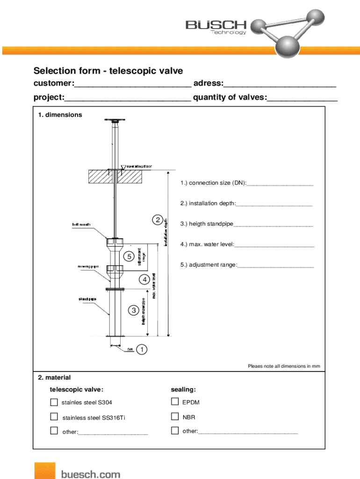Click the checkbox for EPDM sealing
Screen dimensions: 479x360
click(x=175, y=401)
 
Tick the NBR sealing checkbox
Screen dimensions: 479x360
click(x=175, y=416)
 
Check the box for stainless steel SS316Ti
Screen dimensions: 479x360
click(x=54, y=416)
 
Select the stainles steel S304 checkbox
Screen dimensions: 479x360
click(x=54, y=402)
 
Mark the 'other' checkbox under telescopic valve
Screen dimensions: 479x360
click(x=54, y=431)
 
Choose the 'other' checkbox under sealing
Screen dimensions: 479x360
click(x=175, y=430)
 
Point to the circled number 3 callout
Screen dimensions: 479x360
click(x=134, y=310)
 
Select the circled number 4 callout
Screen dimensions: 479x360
click(x=144, y=280)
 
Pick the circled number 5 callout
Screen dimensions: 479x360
click(x=129, y=256)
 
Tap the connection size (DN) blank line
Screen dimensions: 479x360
click(x=280, y=185)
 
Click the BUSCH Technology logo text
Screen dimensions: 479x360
click(x=216, y=27)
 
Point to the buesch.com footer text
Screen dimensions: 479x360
click(x=90, y=474)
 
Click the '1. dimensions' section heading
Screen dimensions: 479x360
click(x=60, y=115)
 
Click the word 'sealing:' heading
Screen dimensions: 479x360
click(x=183, y=390)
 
